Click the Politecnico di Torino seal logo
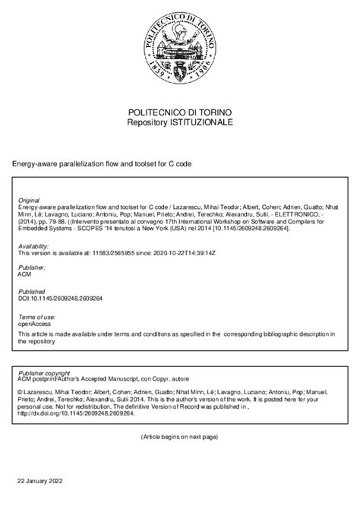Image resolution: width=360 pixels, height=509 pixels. (x=180, y=52)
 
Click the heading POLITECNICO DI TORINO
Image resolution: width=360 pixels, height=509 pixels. (x=180, y=111)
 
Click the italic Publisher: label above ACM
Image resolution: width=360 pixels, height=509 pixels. (x=31, y=269)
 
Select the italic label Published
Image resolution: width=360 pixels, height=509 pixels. (x=30, y=292)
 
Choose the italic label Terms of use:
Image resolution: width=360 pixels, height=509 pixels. (x=35, y=315)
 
